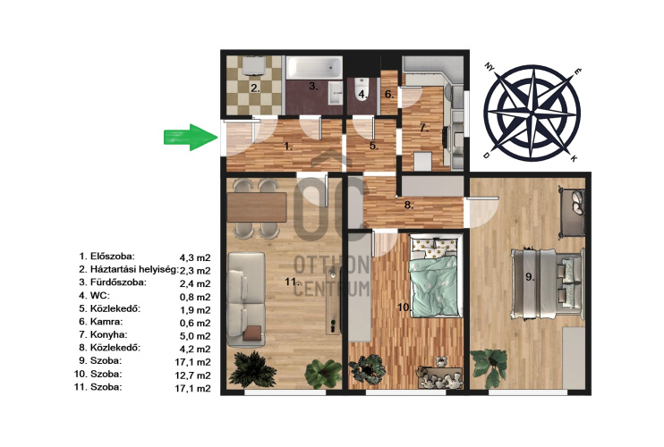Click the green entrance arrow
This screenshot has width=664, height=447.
pyautogui.click(x=191, y=138)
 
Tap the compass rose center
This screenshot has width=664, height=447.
pyautogui.click(x=532, y=113)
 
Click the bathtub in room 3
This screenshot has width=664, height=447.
pyautogui.click(x=314, y=68)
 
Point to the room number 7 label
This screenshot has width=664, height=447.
pyautogui.click(x=424, y=127)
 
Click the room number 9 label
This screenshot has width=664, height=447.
pyautogui.click(x=530, y=277)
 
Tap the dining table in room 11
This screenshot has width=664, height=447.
pyautogui.click(x=257, y=207)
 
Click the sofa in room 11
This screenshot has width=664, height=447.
pyautogui.click(x=246, y=299)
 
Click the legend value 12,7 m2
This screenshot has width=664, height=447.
pyautogui.click(x=192, y=375)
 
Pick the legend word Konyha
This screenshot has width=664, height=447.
pyautogui.click(x=108, y=335)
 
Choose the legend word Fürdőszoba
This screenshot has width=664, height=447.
pyautogui.click(x=118, y=283)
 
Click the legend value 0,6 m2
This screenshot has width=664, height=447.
pyautogui.click(x=195, y=323)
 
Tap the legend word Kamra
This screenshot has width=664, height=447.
pyautogui.click(x=106, y=322)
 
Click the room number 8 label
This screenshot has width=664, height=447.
pyautogui.click(x=408, y=206)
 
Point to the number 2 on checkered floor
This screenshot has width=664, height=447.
pyautogui.click(x=254, y=89)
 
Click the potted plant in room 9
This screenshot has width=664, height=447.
pyautogui.click(x=490, y=367)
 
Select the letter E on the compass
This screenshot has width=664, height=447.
pyautogui.click(x=577, y=72)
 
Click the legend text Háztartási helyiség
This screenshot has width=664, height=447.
pyautogui.click(x=134, y=270)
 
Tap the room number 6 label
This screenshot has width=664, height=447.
pyautogui.click(x=389, y=94)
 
